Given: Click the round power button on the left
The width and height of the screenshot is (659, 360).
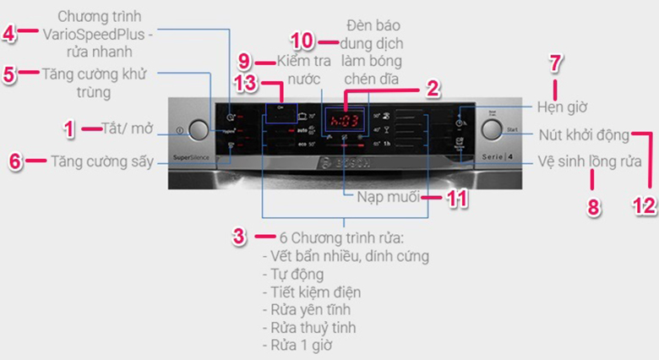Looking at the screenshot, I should point(198,130).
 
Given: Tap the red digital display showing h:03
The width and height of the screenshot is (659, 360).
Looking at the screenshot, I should point(346,119).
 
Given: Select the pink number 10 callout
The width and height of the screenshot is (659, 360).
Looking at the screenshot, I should point(302,41).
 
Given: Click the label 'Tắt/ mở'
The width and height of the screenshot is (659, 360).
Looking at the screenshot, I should point(121,128).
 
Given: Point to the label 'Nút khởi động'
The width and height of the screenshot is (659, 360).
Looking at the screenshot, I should point(584,135).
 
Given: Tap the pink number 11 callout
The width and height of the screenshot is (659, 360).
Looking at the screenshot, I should point(456,197).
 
